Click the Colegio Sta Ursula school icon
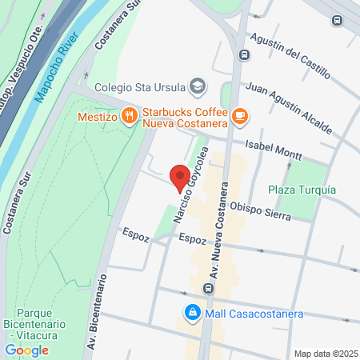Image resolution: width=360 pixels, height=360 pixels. click(x=197, y=86)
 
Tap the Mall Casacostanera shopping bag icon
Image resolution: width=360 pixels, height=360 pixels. click(x=191, y=313)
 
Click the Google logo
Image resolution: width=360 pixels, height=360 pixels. click(x=27, y=350)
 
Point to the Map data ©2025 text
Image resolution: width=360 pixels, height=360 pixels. click(x=326, y=354)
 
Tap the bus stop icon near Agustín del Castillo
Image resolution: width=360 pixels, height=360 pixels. click(x=243, y=55)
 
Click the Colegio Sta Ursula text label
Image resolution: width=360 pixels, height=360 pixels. click(x=139, y=87)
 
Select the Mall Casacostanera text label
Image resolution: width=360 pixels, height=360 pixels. click(x=254, y=313)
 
